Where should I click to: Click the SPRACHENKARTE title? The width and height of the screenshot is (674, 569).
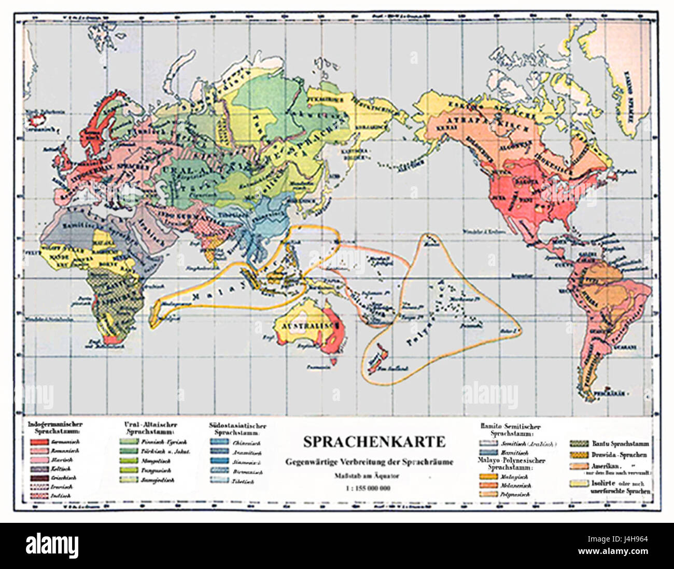tap(374, 441)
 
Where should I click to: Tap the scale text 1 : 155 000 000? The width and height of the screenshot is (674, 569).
tap(369, 488)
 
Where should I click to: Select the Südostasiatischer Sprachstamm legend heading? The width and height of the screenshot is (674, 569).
tap(237, 428)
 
